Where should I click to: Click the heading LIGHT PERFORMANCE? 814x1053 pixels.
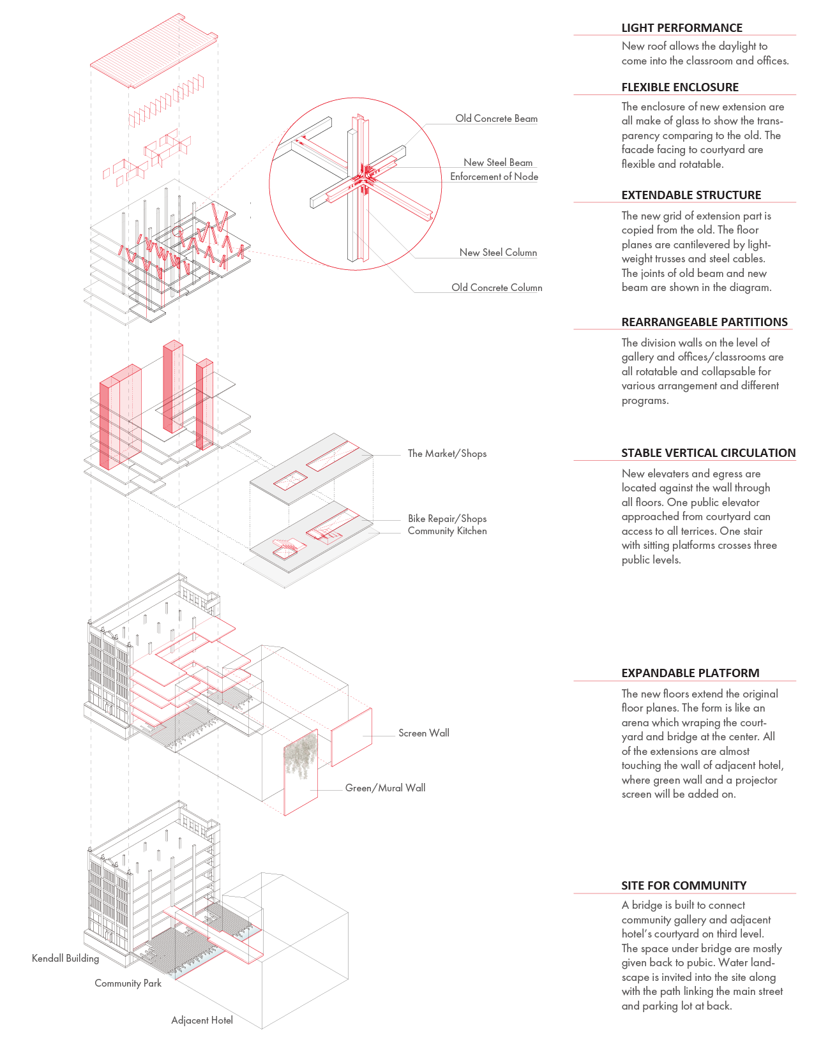click(x=682, y=28)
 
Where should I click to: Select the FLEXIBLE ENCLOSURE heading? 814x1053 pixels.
click(x=680, y=87)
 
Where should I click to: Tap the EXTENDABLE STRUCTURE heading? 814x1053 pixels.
click(x=691, y=195)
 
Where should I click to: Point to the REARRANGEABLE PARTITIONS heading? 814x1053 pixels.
click(x=704, y=322)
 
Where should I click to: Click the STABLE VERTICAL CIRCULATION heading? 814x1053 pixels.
click(x=708, y=453)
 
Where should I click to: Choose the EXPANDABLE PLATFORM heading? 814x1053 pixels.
click(x=690, y=673)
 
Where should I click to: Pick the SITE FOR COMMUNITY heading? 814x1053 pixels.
click(x=684, y=886)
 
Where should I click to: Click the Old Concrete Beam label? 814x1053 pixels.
click(x=496, y=119)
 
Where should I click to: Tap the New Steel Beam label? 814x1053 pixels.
click(x=498, y=163)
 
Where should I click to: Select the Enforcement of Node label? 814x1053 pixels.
click(x=494, y=177)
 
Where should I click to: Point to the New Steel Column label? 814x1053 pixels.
click(x=498, y=253)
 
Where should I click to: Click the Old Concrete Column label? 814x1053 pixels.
click(x=497, y=288)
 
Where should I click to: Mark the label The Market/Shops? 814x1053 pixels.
click(x=447, y=454)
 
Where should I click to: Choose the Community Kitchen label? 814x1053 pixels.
click(x=447, y=531)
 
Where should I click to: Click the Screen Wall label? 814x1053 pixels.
click(x=423, y=733)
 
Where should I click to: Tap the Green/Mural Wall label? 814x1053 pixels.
click(x=385, y=788)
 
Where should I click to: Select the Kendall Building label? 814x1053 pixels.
click(x=65, y=959)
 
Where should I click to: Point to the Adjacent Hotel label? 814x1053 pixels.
click(x=202, y=1020)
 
